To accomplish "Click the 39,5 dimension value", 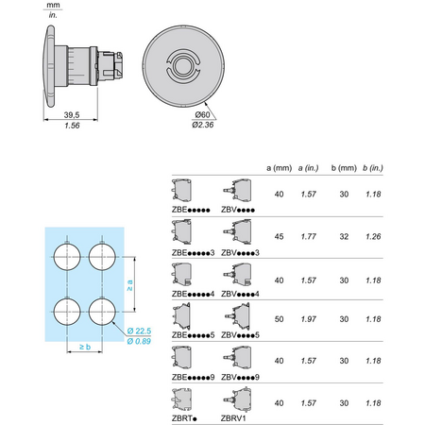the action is pyautogui.click(x=72, y=115).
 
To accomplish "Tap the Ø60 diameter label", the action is pyautogui.click(x=202, y=115).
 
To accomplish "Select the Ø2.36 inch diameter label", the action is pyautogui.click(x=203, y=125).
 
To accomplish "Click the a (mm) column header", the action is pyautogui.click(x=279, y=168).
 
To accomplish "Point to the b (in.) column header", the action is pyautogui.click(x=373, y=168).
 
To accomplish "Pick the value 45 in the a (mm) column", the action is pyautogui.click(x=279, y=236).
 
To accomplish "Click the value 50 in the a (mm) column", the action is pyautogui.click(x=279, y=319).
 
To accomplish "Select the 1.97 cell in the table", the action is pyautogui.click(x=309, y=319).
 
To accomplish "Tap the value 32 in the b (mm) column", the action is pyautogui.click(x=344, y=236).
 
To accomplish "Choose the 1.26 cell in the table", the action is pyautogui.click(x=373, y=236).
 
